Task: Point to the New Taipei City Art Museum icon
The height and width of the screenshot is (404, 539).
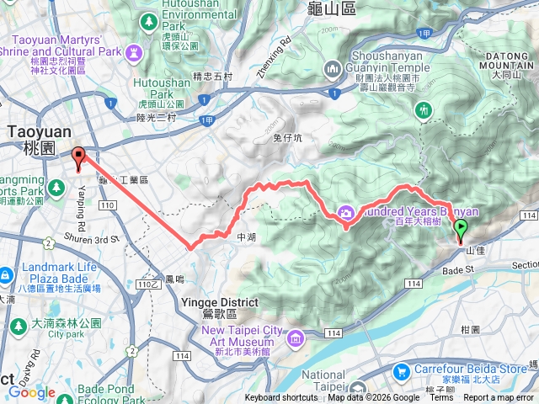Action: click(295, 338)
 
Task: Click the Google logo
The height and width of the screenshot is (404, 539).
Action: click(32, 392)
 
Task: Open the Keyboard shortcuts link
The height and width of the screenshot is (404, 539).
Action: click(281, 398)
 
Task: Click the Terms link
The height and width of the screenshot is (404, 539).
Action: click(441, 398)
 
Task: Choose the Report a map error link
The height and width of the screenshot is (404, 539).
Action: click(498, 398)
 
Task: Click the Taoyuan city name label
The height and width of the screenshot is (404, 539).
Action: click(31, 139)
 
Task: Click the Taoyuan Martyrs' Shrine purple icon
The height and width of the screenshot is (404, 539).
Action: click(133, 53)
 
